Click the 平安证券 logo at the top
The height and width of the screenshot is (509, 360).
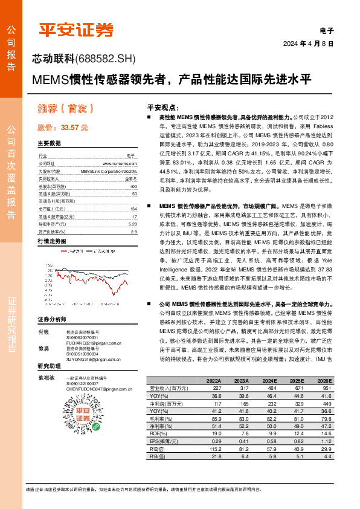[x=76, y=28]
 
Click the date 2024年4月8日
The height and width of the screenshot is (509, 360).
[x=309, y=44]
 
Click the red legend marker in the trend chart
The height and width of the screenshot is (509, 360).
[x=64, y=250]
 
